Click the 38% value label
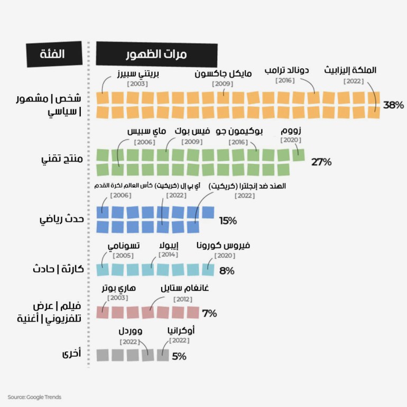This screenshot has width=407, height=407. [x=393, y=105]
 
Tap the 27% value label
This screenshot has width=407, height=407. [x=321, y=162]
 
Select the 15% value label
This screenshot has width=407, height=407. [x=228, y=220]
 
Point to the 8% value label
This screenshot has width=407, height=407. [x=227, y=271]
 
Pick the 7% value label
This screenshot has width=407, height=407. [x=209, y=313]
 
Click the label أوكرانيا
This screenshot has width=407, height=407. [x=180, y=331]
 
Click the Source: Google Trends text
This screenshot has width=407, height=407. [x=34, y=396]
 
